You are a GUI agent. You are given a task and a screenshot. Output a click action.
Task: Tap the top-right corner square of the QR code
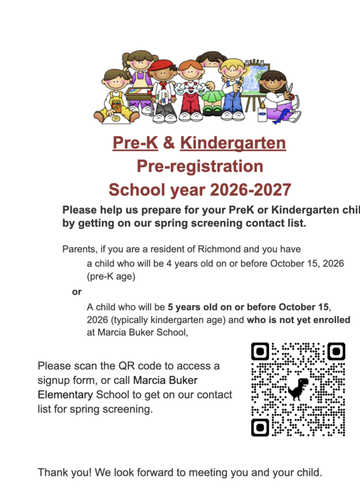pyautogui.click(x=335, y=352)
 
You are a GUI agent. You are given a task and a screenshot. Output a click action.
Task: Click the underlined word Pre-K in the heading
pyautogui.click(x=135, y=144)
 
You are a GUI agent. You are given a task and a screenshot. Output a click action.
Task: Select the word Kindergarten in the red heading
pyautogui.click(x=233, y=144)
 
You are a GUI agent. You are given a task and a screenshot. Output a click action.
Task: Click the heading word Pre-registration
pyautogui.click(x=200, y=166)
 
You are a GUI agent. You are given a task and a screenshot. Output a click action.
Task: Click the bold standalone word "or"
pyautogui.click(x=77, y=291)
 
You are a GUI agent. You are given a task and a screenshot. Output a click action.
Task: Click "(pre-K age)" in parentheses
pyautogui.click(x=111, y=277)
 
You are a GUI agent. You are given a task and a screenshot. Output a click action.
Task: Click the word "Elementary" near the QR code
pyautogui.click(x=64, y=394)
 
